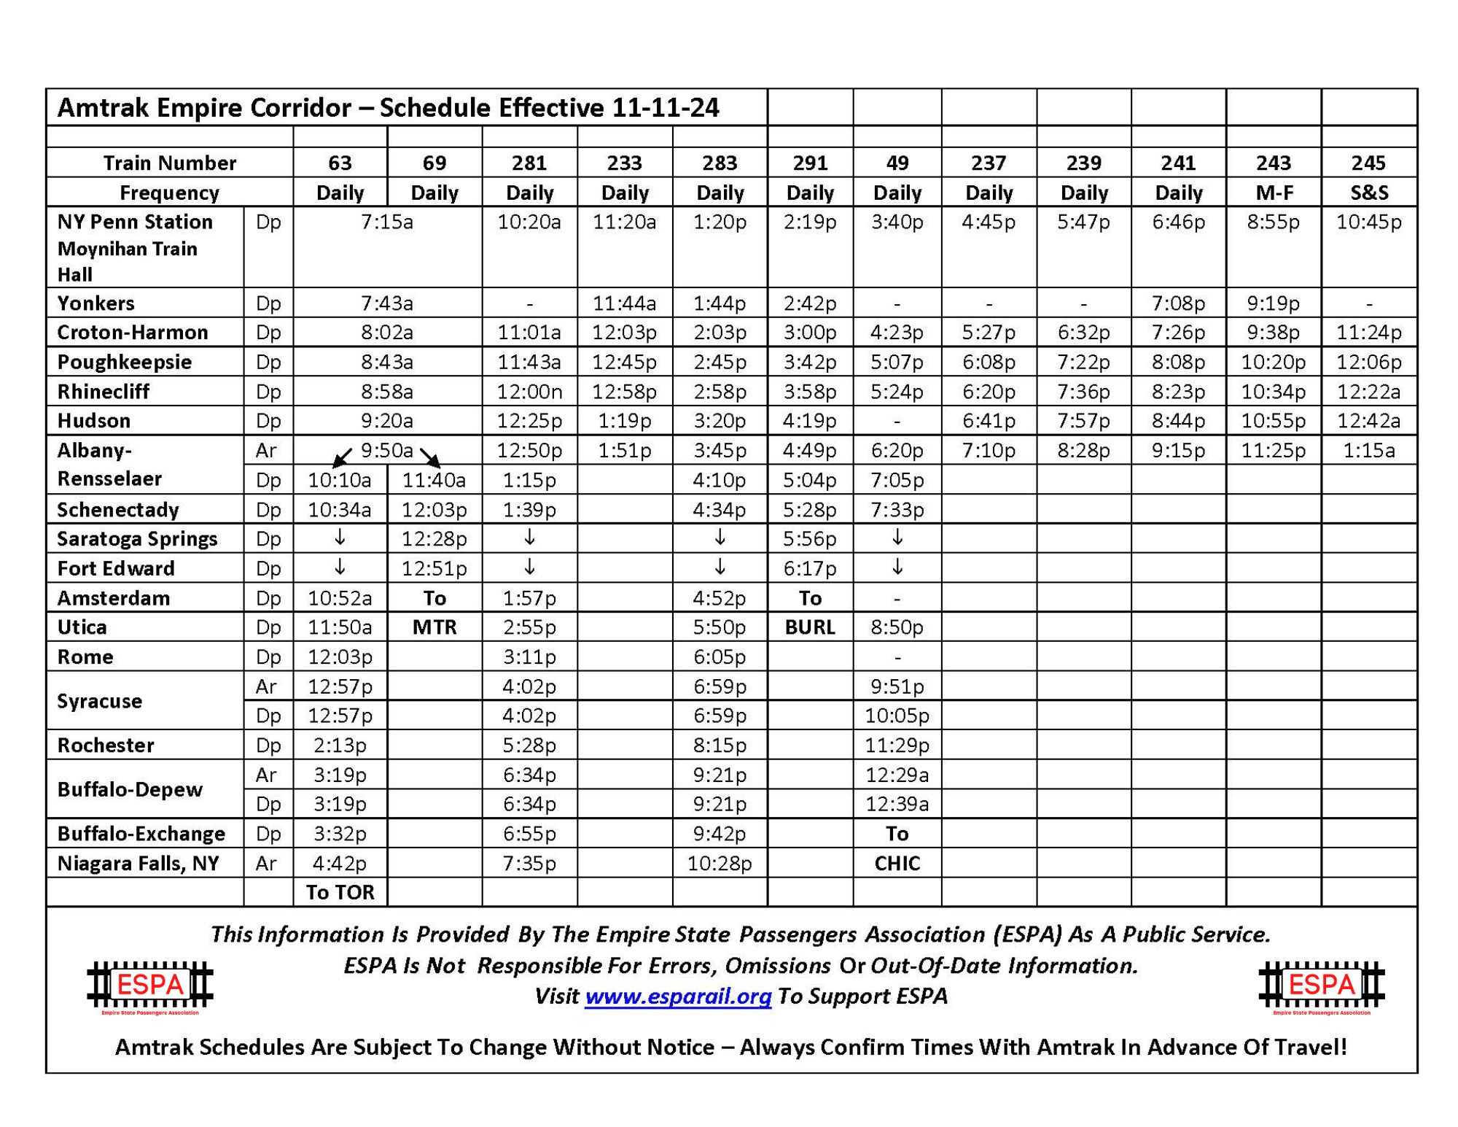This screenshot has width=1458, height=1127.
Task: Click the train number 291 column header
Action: pos(810,163)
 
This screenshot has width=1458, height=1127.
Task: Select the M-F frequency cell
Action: pos(1274,193)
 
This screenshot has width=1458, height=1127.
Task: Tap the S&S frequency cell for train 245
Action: pos(1368,193)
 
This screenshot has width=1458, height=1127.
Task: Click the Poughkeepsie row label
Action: pos(125,362)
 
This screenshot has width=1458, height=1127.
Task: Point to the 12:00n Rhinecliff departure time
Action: pos(529,392)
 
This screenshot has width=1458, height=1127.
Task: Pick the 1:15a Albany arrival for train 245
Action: pos(1368,450)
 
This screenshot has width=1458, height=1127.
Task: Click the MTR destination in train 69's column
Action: pos(434,627)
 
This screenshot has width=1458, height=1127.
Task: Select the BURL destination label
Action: pos(810,627)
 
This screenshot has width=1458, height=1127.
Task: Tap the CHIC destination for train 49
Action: pos(897,863)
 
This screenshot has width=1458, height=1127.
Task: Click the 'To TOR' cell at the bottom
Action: pos(340,892)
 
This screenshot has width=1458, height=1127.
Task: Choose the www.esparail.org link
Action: pos(678,996)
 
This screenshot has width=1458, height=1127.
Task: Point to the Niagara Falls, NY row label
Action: pos(138,863)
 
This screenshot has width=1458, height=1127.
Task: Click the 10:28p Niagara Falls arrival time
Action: pos(720,863)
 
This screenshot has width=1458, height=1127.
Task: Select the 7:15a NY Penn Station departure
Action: pos(387,222)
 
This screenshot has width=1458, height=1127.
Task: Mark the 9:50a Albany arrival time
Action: pos(387,450)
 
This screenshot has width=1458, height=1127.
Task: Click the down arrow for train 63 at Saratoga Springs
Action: pos(340,538)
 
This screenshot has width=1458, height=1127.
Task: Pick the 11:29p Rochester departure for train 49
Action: pos(897,745)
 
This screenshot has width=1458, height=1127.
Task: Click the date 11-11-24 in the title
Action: pos(666,108)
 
